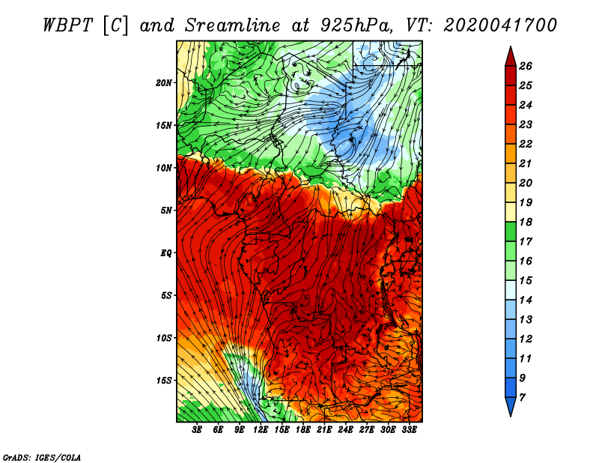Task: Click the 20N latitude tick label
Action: (x=164, y=82)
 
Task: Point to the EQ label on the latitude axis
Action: (x=165, y=252)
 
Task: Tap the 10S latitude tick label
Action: (x=164, y=338)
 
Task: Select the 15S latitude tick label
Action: (x=164, y=381)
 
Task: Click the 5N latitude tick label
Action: (x=166, y=211)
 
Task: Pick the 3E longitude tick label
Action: (x=197, y=430)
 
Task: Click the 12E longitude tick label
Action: (x=261, y=430)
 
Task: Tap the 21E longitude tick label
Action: (x=324, y=430)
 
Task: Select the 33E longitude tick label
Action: (x=409, y=430)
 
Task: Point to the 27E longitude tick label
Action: (x=367, y=430)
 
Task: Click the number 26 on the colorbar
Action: (x=526, y=66)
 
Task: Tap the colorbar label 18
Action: (x=526, y=222)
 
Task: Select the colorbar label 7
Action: (x=522, y=398)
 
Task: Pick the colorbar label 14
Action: (x=526, y=300)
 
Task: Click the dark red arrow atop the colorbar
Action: (x=511, y=57)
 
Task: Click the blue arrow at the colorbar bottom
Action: (x=511, y=406)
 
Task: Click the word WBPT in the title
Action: (x=67, y=25)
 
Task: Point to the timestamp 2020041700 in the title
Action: (x=500, y=25)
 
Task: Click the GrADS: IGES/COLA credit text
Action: (x=42, y=457)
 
